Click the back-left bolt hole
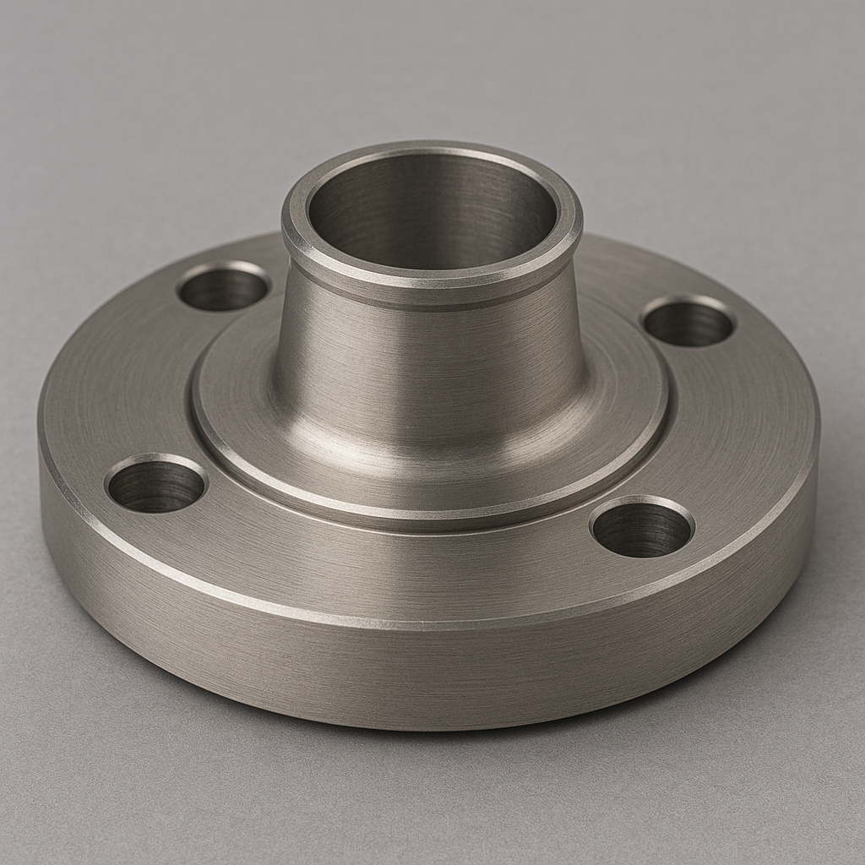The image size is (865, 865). pos(223,288)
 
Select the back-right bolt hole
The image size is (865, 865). pos(688,322)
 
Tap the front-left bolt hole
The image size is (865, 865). pos(156,485)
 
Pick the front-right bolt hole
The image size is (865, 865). pos(642,528)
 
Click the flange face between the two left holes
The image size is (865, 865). pos(127,380)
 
